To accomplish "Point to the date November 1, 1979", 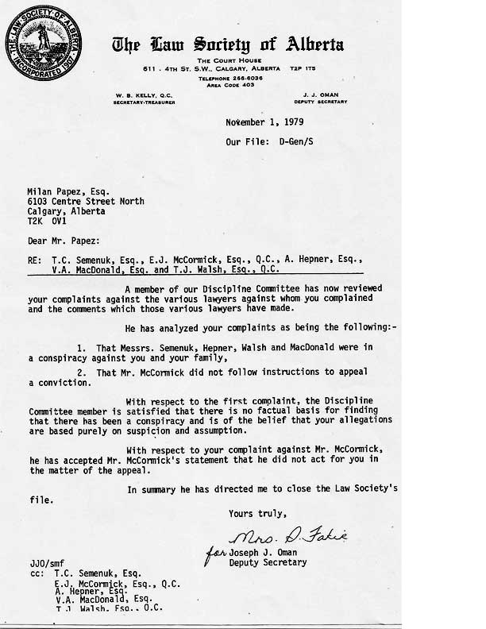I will (264, 122).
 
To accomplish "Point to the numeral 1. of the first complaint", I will (83, 347).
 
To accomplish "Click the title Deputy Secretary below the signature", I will (267, 562).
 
